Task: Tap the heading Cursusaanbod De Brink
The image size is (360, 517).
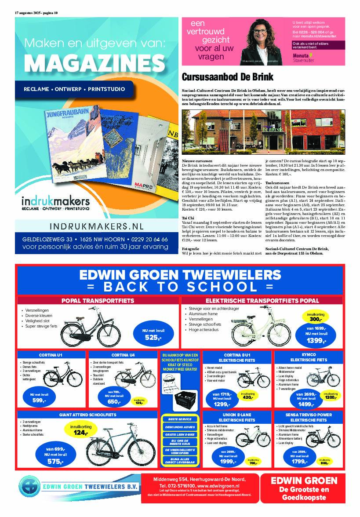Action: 227,77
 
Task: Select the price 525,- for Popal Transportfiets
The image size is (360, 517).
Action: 153,338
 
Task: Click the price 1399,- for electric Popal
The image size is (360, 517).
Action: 316,340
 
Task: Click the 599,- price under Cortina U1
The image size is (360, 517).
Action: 39,400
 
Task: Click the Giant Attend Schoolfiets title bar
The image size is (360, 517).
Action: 87,415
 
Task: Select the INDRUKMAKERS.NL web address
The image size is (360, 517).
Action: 91,227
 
